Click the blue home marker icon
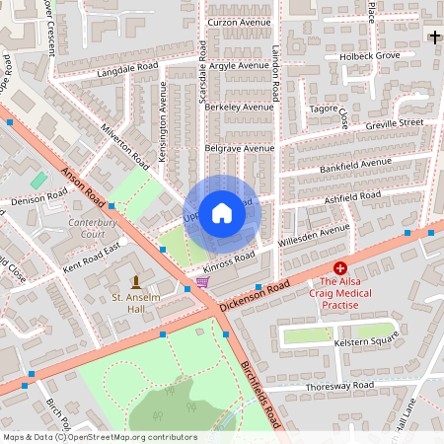[x=222, y=213]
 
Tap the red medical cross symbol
[x=340, y=267]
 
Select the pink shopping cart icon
[x=202, y=282]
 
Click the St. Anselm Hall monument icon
[x=135, y=282]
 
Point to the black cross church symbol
[x=434, y=37]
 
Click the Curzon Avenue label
[x=238, y=22]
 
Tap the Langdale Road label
[x=127, y=68]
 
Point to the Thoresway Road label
[x=339, y=385]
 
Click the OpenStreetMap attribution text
[x=100, y=436]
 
